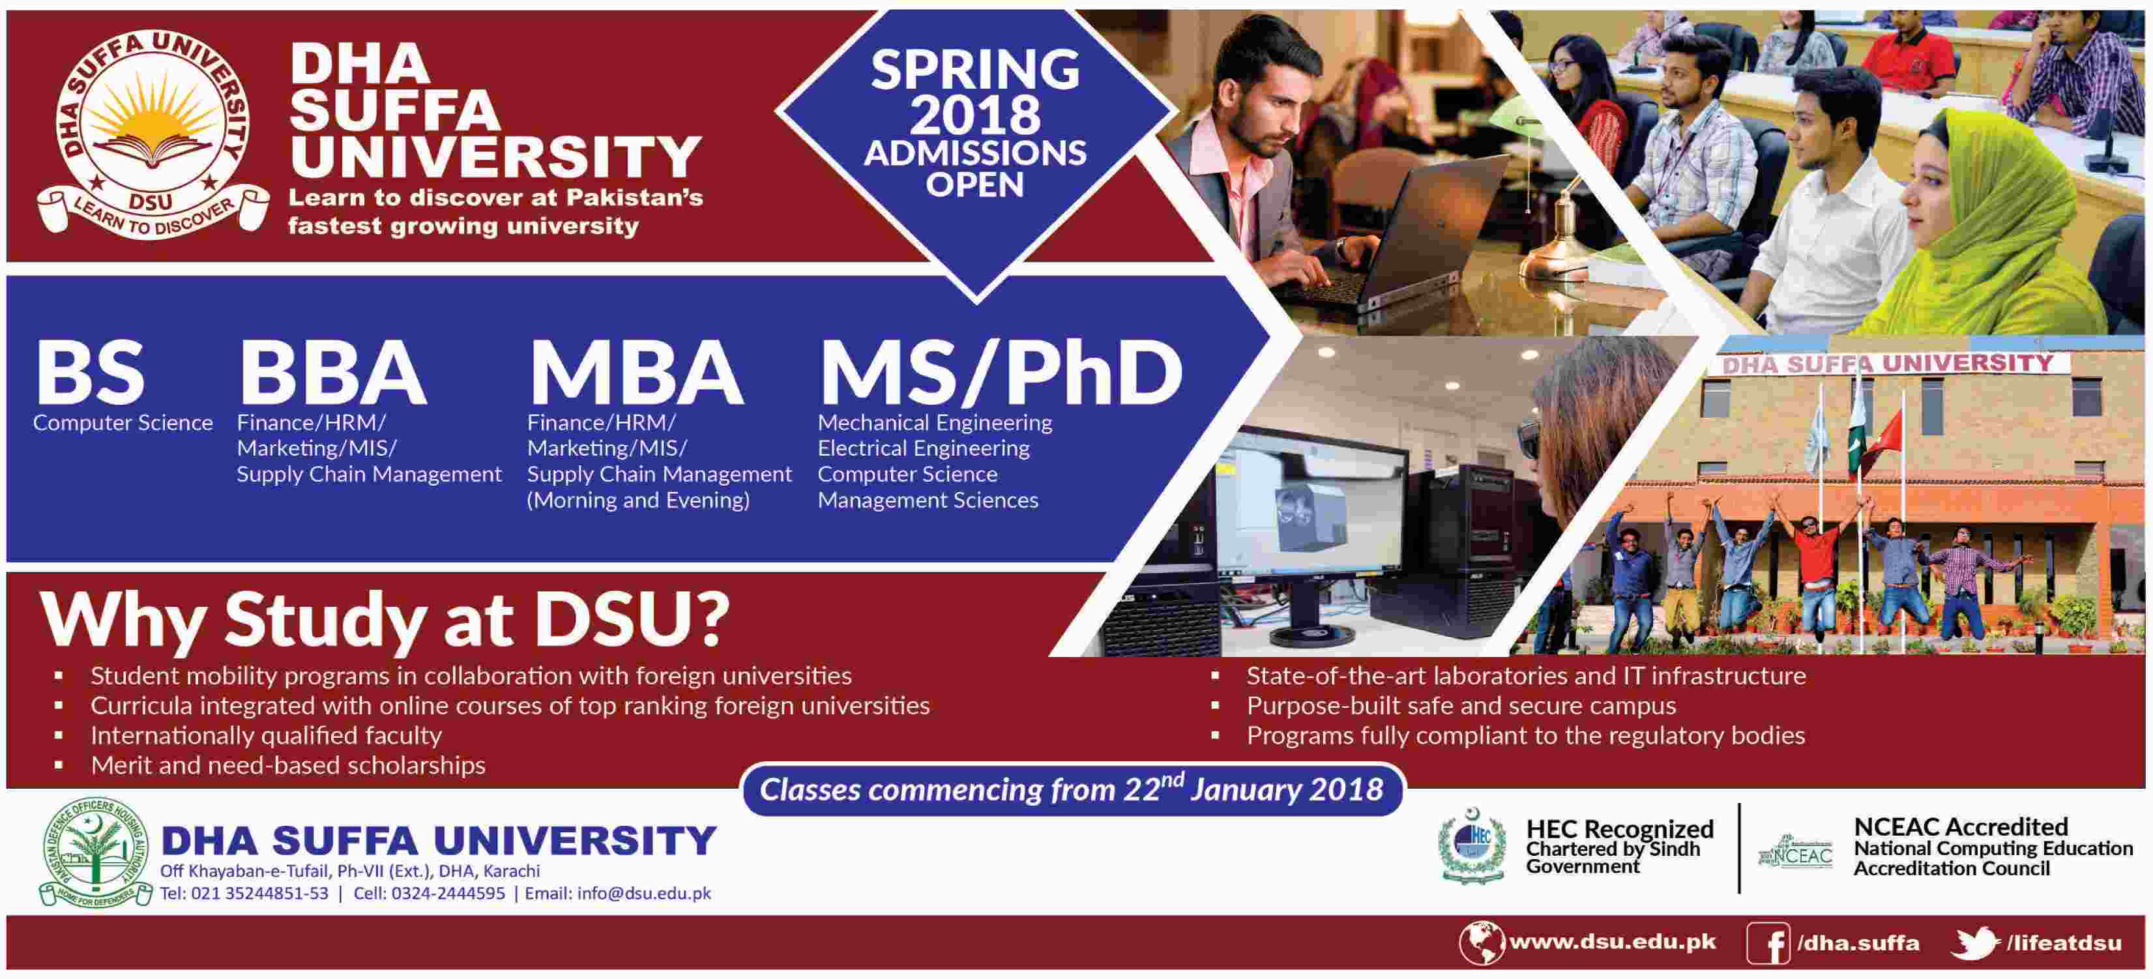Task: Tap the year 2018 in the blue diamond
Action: [975, 115]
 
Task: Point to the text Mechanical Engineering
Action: [935, 423]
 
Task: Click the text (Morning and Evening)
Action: [637, 500]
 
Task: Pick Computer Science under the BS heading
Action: [123, 423]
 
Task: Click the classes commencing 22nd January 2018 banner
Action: [1072, 789]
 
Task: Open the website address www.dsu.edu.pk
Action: [1612, 942]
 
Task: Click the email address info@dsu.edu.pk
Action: [643, 893]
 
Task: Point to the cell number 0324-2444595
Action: [448, 893]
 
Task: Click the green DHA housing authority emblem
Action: [95, 852]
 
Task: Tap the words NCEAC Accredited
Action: [1961, 827]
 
